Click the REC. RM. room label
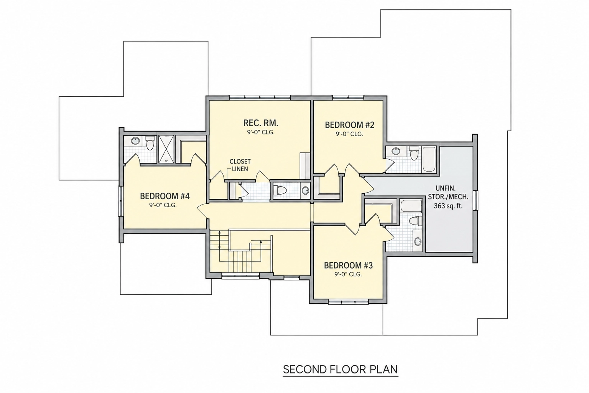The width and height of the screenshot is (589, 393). coord(261,123)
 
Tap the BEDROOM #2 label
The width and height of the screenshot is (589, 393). coord(349,125)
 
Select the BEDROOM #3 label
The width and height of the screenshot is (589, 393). coord(348,265)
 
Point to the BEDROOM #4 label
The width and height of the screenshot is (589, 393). coord(165,196)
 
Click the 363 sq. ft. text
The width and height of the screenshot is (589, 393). coord(448,206)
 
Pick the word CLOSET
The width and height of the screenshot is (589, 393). coord(240,161)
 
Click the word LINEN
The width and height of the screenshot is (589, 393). coord(240,169)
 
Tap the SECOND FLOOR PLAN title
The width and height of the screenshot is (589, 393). coord(340,369)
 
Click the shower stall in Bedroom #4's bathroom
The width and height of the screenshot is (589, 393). coord(166,149)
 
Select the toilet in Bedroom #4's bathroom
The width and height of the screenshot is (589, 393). coord(149,143)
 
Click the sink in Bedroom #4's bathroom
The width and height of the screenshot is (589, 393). coord(135,141)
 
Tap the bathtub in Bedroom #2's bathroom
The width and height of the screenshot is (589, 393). coord(429,160)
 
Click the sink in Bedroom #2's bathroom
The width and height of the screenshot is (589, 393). coord(395,151)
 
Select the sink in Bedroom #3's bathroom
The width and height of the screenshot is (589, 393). coord(417,241)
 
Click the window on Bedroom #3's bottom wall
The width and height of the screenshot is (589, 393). coord(348,302)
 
